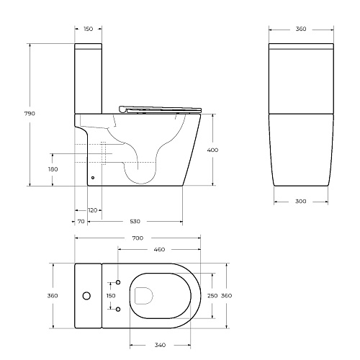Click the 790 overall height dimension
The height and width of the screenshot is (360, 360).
coord(30,114)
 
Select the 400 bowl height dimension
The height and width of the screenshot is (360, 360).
coord(212,150)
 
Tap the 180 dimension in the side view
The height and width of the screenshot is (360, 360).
coord(53,169)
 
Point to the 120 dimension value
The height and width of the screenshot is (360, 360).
coord(93,210)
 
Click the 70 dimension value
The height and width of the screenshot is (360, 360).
coord(81,221)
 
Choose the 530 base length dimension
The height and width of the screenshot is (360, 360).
coord(135,221)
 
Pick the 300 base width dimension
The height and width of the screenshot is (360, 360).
coord(301,201)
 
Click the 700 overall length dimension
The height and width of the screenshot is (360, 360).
coord(138,238)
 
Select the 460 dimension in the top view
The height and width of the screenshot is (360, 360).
coord(159,250)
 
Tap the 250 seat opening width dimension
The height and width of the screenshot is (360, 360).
coord(212,296)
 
